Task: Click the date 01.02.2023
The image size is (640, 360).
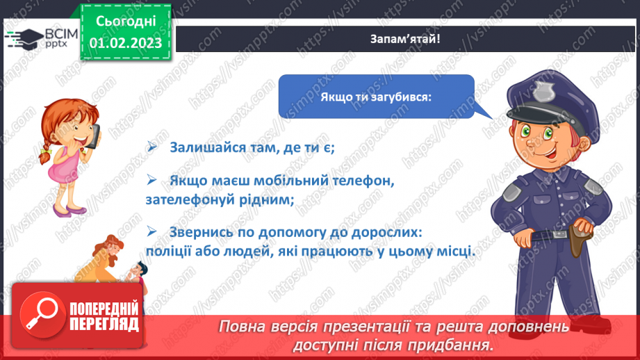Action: coord(126,43)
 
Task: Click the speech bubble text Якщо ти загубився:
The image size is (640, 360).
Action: coord(376,97)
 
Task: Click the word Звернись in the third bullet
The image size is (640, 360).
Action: coord(199,231)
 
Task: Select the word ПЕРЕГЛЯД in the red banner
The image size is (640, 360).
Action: coord(104,324)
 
